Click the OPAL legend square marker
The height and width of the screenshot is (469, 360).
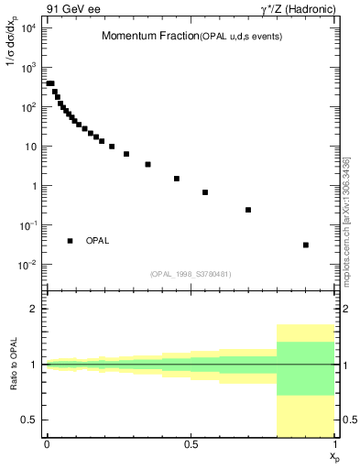(71, 241)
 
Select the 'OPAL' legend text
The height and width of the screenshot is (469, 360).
(98, 241)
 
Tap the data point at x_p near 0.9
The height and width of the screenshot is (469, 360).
(306, 245)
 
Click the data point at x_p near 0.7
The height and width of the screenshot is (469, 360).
(248, 210)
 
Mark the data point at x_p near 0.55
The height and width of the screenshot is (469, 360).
(205, 192)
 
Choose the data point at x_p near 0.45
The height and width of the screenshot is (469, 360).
(176, 179)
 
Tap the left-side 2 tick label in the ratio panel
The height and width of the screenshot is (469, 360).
(36, 310)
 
